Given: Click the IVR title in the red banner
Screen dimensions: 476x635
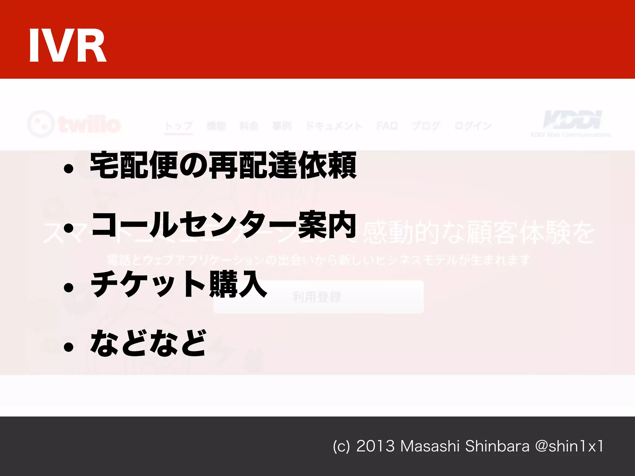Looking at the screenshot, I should (68, 46).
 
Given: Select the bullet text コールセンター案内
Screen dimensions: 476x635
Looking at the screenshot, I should (223, 225).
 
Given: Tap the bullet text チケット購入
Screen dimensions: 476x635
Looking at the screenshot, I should (179, 284).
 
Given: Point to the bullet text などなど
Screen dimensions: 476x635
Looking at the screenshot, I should (148, 343).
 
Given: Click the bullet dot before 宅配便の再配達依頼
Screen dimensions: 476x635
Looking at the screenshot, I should (69, 169).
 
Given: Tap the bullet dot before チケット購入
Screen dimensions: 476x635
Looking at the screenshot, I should (69, 288).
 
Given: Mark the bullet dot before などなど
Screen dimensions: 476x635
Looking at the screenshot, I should (69, 347).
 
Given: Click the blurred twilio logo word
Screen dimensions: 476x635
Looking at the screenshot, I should (89, 125).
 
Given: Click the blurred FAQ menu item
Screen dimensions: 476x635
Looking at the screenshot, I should (387, 126).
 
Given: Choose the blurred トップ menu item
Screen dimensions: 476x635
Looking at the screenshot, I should (179, 126).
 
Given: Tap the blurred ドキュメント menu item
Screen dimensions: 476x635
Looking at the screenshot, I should (334, 126).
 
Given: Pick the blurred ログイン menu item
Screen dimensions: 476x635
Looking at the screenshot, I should (473, 126).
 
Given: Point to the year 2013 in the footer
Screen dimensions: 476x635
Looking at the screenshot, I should (375, 447).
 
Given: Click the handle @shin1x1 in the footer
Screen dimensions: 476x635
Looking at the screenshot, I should (569, 447).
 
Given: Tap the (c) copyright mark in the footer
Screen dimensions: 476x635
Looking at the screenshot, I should (341, 447).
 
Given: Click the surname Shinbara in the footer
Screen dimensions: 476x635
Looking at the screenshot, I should (497, 447).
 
